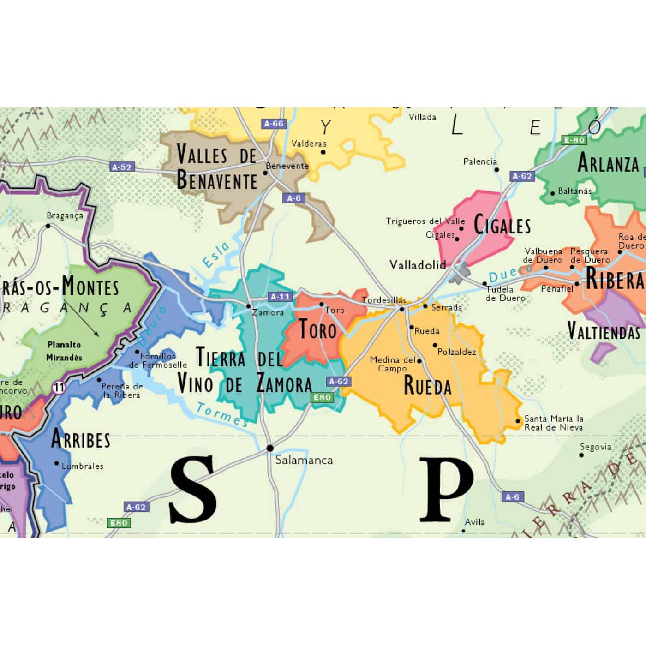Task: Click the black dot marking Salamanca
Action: pos(270,448)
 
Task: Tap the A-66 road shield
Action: pos(274,124)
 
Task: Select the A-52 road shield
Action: pos(122,167)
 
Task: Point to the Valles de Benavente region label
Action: pos(217,167)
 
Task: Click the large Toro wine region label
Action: pos(318,330)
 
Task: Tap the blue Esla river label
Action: pos(216,255)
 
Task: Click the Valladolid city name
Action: pos(418,265)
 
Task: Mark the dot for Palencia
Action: pos(497,169)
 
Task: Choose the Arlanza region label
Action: pos(608,163)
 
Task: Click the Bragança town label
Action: pos(65,215)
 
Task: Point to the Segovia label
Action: pos(596,447)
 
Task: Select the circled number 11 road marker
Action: pos(59,387)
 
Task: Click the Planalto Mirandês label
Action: pos(64,351)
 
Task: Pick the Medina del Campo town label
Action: pos(393,364)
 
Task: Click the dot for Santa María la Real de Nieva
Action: pos(518,421)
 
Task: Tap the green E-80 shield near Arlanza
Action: pos(574,140)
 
